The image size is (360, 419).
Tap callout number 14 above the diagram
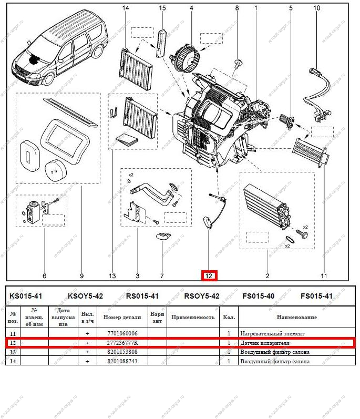pos(126,8)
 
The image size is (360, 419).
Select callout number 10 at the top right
pos(317,8)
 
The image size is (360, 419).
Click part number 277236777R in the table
pos(123,343)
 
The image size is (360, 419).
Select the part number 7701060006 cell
pos(122,333)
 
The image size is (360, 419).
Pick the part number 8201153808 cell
pos(122,352)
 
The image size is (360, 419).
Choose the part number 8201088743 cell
pos(122,361)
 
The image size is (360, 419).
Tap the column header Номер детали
pos(122,318)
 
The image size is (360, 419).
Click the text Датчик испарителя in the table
pos(265,343)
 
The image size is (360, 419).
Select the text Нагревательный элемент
pos(272,333)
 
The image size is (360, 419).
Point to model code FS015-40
pos(258,296)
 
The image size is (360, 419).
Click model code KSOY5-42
pos(86,296)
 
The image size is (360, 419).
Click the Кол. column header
pos(229,318)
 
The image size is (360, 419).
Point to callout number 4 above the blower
pos(191,8)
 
